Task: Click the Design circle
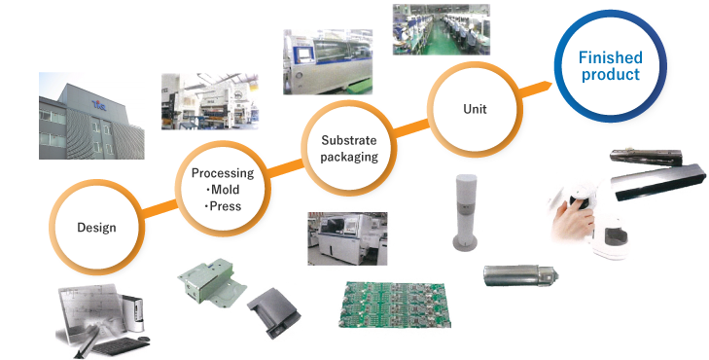click(96, 228)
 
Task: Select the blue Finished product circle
click(610, 65)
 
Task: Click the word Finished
click(610, 58)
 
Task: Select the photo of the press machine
click(208, 101)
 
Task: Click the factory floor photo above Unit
click(440, 29)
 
